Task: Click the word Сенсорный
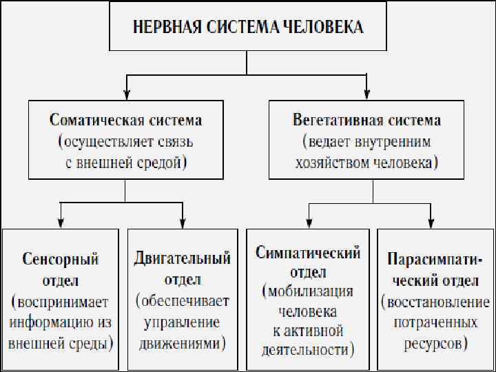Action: (x=61, y=260)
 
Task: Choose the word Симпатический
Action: (x=308, y=252)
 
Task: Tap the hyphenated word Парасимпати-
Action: (x=435, y=260)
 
